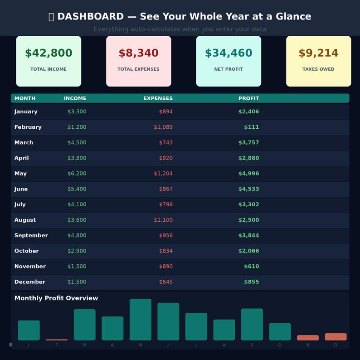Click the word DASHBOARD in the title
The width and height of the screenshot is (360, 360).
(90, 17)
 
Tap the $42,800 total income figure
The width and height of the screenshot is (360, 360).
(49, 53)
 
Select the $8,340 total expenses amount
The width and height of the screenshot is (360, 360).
(138, 53)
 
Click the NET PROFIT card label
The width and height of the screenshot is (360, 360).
(229, 69)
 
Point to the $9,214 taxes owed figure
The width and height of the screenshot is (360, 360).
(318, 53)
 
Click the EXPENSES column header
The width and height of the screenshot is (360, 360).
(158, 98)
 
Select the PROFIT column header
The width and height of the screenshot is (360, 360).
(248, 98)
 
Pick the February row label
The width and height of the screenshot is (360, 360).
(28, 127)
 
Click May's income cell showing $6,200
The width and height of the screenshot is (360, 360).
(77, 174)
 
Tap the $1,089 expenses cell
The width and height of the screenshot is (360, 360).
(163, 127)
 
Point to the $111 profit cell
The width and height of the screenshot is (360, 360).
(251, 127)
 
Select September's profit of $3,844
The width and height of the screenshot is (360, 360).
(248, 236)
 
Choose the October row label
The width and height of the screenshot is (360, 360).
(26, 251)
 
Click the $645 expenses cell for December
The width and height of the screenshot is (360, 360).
(165, 282)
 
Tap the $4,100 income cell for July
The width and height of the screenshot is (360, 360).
(77, 204)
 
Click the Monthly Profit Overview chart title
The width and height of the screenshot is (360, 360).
(56, 298)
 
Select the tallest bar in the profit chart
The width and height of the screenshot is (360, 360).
(141, 320)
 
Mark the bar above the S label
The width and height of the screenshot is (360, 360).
(252, 324)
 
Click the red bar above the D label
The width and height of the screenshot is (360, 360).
(336, 337)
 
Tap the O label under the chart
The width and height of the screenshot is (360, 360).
(280, 345)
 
